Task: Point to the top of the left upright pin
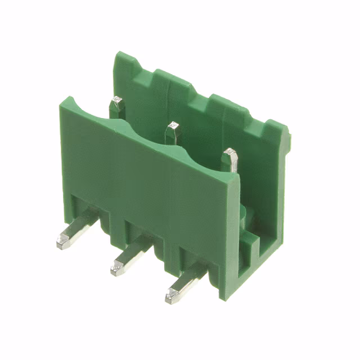(x=118, y=101)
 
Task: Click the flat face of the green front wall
(x=146, y=180)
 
